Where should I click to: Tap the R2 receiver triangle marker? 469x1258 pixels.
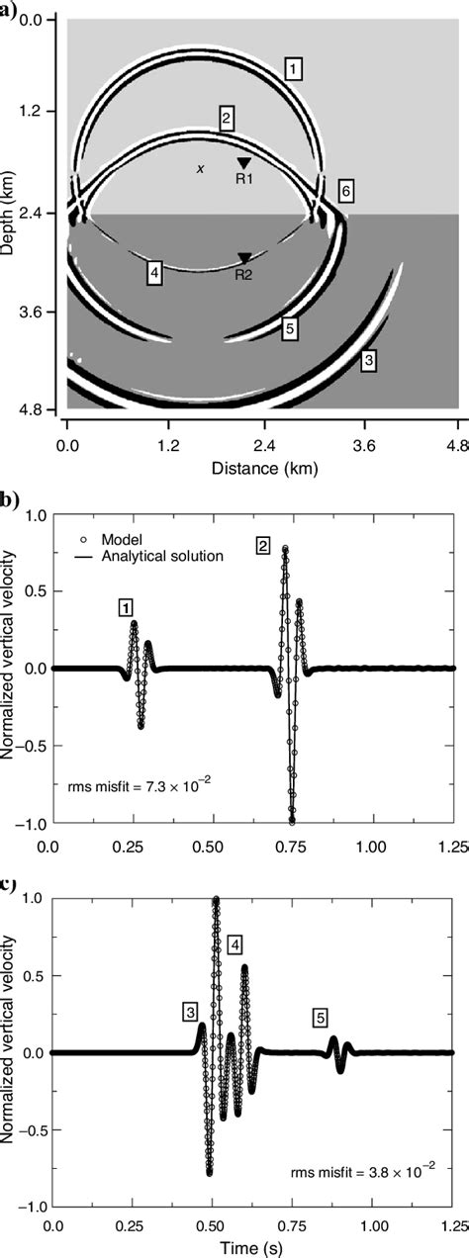point(243,259)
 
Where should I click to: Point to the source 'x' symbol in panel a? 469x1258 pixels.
point(200,169)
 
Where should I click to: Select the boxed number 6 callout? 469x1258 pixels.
point(345,189)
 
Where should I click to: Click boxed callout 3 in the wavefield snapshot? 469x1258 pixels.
point(368,362)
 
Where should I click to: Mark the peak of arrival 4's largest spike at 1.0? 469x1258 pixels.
point(216,899)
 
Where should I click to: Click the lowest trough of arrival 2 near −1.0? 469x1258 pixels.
point(292,821)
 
